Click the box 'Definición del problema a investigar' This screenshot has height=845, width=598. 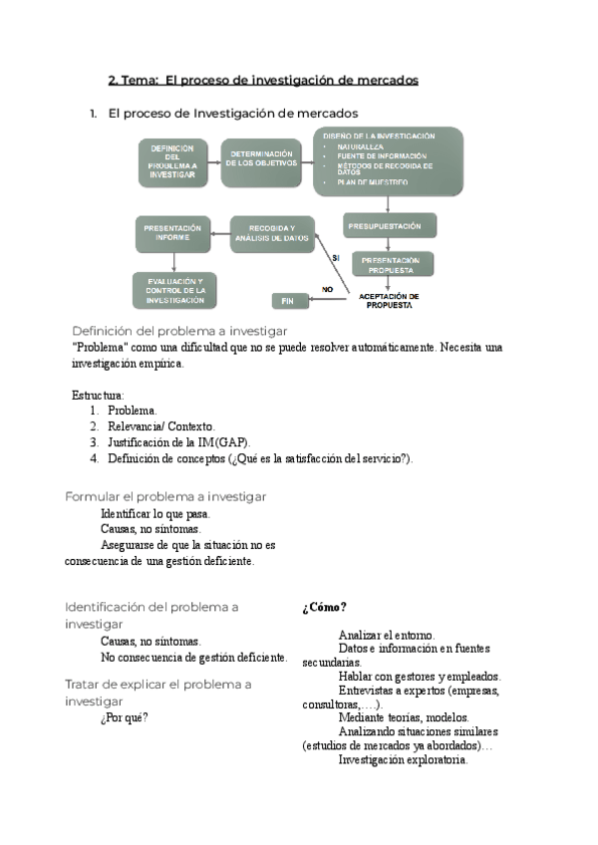[172, 162]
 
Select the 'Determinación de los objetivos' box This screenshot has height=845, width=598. [260, 162]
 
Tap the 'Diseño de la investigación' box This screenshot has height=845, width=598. [388, 160]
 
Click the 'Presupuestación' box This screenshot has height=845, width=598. [384, 226]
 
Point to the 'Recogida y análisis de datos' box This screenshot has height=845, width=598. [271, 235]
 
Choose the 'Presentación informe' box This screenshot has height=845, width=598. [173, 234]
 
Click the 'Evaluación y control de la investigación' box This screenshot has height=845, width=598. [175, 291]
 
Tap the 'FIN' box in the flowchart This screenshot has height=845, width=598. [288, 300]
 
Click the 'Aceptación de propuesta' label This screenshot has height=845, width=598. [388, 300]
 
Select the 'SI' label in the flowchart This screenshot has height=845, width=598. [336, 257]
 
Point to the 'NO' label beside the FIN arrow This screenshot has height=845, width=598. [326, 289]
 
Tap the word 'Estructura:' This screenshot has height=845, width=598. [98, 395]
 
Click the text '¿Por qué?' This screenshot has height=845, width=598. [125, 717]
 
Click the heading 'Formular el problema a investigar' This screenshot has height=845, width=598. [165, 496]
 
